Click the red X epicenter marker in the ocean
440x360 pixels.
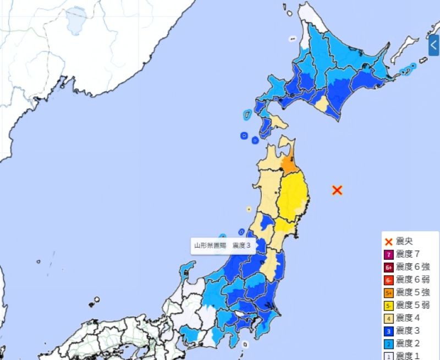(x=338, y=190)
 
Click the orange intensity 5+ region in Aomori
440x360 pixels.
(x=289, y=165)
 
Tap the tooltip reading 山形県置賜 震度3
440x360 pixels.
(x=224, y=246)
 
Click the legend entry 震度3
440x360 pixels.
(x=408, y=331)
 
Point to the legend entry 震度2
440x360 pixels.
(x=408, y=343)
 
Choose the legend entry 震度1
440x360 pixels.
(x=408, y=356)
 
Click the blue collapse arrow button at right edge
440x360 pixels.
(x=434, y=45)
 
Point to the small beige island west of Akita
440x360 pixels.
(x=249, y=209)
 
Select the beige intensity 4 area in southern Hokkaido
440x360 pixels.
(x=321, y=105)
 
